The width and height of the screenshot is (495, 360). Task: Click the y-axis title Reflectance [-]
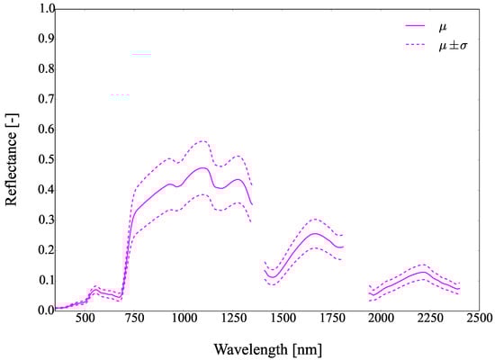13,158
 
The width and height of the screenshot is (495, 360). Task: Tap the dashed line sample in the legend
395,43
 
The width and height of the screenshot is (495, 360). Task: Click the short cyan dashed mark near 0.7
120,94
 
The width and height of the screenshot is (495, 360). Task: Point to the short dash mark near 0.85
141,54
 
